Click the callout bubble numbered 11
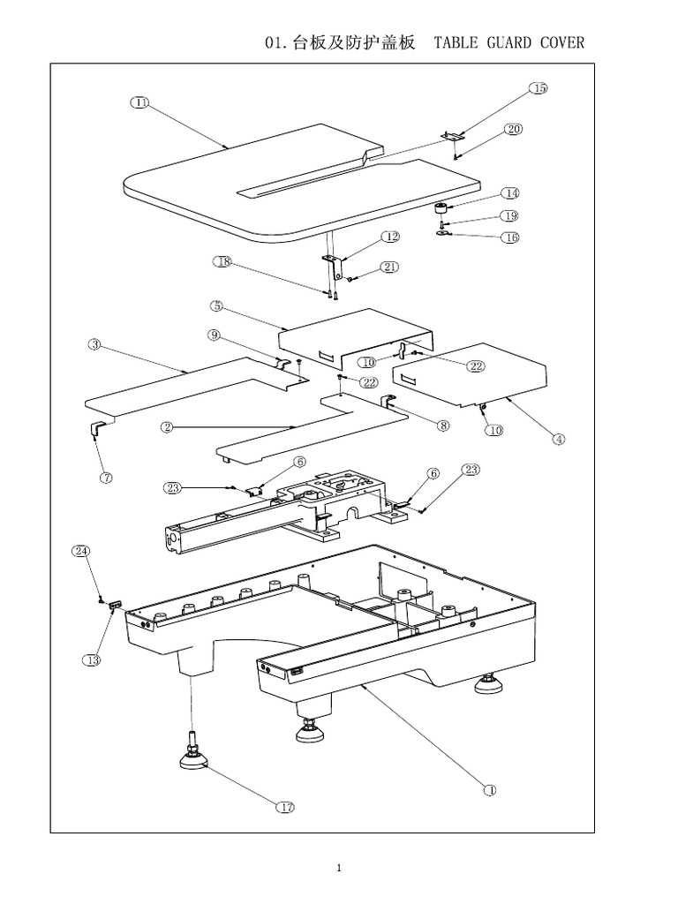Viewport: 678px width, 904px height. click(x=140, y=102)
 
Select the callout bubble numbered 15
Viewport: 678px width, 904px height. click(x=539, y=88)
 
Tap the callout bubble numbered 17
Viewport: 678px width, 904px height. click(x=287, y=807)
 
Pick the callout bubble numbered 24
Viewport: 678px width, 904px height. click(x=80, y=551)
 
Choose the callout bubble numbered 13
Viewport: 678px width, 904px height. click(x=94, y=659)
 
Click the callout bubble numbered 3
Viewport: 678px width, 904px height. click(x=94, y=344)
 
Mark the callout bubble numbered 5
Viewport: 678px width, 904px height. click(x=217, y=306)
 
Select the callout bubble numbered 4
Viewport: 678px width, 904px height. click(x=560, y=439)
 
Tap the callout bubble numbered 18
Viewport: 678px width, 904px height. click(x=222, y=261)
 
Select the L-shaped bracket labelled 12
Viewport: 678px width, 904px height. click(x=332, y=262)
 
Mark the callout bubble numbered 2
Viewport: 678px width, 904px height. click(x=167, y=427)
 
